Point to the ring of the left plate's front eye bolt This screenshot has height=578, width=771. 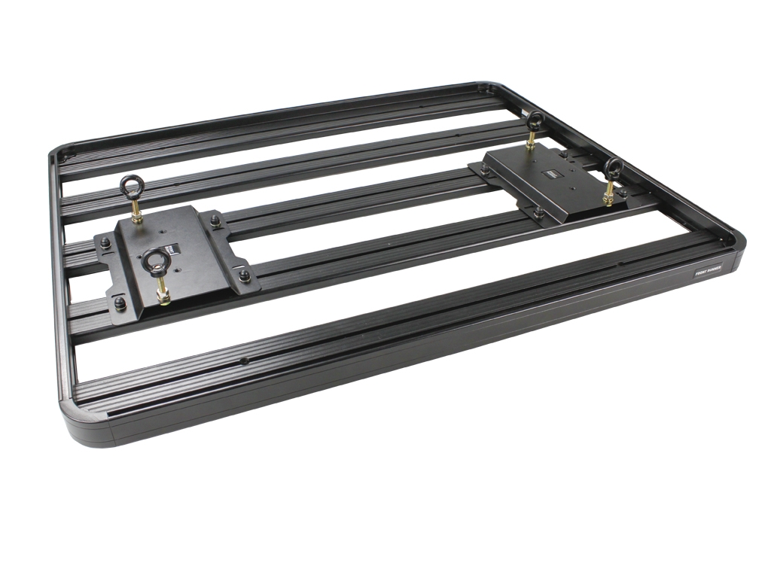(158, 262)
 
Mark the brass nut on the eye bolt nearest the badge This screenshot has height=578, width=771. (608, 197)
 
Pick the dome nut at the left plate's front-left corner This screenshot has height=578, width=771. (120, 303)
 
